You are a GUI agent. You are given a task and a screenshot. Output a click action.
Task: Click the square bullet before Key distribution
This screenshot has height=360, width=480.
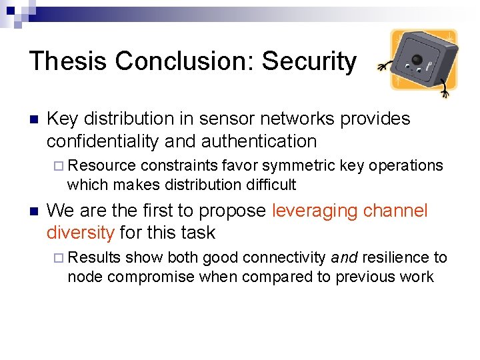coord(33,120)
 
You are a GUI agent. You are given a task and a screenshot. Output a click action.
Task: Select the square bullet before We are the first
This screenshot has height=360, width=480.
coord(33,212)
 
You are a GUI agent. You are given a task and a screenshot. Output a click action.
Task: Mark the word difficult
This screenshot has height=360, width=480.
coord(270,184)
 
